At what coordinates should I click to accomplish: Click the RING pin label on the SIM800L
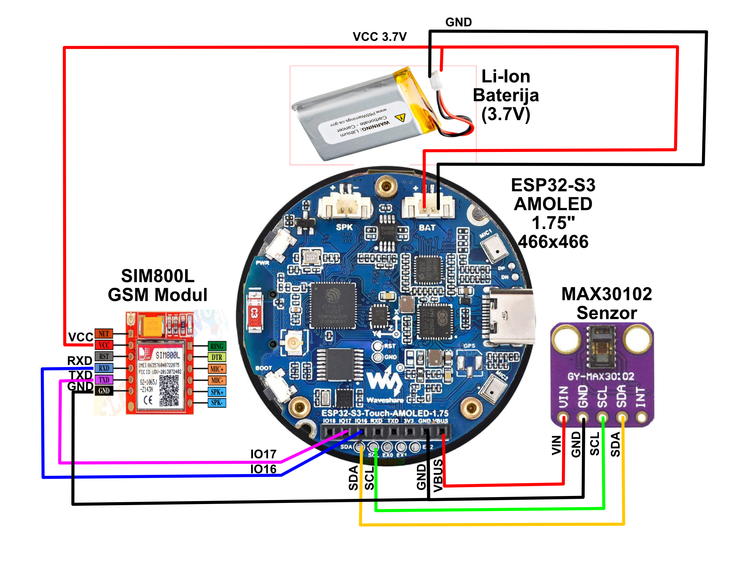pyautogui.click(x=217, y=346)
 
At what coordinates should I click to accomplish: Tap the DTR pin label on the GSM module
pyautogui.click(x=217, y=357)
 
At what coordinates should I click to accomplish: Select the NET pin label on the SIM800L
pyautogui.click(x=104, y=333)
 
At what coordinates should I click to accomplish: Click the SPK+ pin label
pyautogui.click(x=217, y=392)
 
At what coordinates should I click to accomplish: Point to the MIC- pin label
pyautogui.click(x=217, y=380)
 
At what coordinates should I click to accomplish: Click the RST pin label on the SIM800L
pyautogui.click(x=104, y=356)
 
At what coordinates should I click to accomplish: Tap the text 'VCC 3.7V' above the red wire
pyautogui.click(x=380, y=37)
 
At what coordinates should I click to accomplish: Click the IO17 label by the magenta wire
pyautogui.click(x=263, y=454)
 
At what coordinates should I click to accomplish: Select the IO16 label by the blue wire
pyautogui.click(x=263, y=469)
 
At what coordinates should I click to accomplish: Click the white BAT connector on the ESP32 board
pyautogui.click(x=428, y=207)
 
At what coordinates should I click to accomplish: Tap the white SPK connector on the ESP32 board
pyautogui.click(x=345, y=207)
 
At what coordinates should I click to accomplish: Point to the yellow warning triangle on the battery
pyautogui.click(x=401, y=118)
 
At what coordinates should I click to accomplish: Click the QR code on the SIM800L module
pyautogui.click(x=169, y=391)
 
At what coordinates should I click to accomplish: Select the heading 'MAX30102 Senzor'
pyautogui.click(x=607, y=304)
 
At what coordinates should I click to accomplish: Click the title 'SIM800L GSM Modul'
pyautogui.click(x=158, y=285)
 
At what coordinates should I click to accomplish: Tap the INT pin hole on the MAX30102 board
pyautogui.click(x=641, y=416)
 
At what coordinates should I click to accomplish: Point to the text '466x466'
pyautogui.click(x=553, y=242)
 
